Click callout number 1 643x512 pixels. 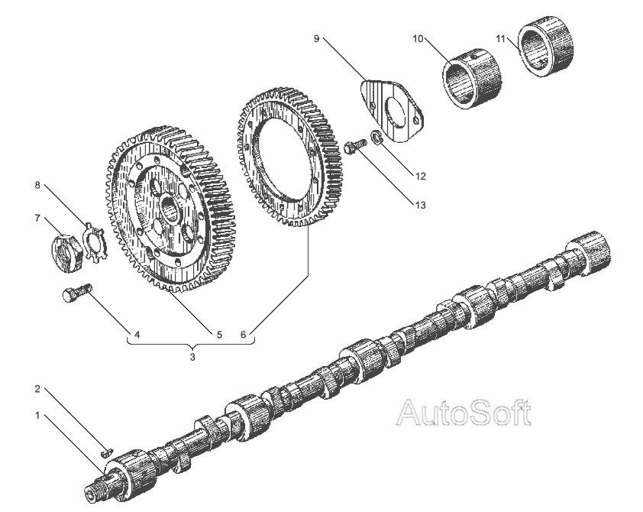click(36, 416)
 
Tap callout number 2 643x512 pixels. click(36, 389)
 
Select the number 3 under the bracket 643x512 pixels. click(192, 357)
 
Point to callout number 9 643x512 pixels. click(316, 37)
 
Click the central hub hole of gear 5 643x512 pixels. click(170, 207)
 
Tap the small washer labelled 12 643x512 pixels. click(375, 140)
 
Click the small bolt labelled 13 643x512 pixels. click(352, 146)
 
